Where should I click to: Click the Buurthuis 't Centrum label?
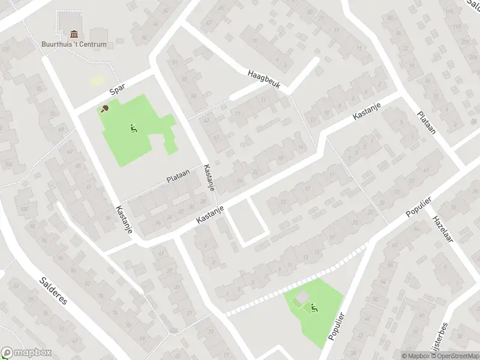74,44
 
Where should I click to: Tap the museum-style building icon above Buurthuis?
74,34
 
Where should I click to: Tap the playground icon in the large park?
133,128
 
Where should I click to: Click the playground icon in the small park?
313,309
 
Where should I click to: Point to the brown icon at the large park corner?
105,109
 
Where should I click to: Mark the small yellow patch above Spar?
97,80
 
